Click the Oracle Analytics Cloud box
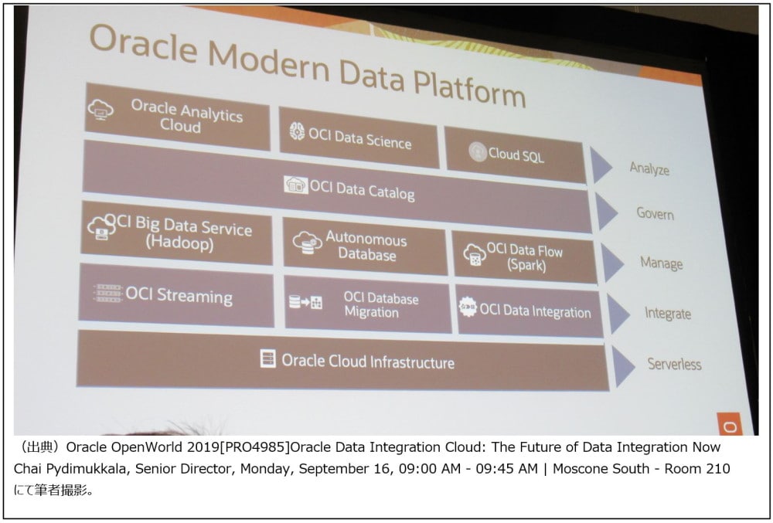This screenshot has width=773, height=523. tap(178, 116)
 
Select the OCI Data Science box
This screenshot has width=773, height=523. tap(359, 138)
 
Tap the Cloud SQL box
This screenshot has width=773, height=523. tap(515, 155)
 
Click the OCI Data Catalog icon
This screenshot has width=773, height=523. tap(296, 185)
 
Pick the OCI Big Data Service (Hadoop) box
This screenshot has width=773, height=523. tap(176, 233)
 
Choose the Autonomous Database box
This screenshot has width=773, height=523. tap(365, 247)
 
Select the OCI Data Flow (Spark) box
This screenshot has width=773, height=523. tap(525, 257)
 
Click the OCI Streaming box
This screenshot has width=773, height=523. tap(176, 294)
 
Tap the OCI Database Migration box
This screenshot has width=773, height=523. tap(367, 305)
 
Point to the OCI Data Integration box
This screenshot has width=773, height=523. tap(530, 311)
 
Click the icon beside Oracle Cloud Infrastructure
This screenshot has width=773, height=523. tap(267, 358)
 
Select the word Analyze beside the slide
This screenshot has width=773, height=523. tap(649, 169)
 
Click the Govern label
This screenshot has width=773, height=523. tap(655, 213)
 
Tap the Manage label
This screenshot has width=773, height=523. tap(661, 263)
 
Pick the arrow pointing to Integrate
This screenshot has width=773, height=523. tap(618, 314)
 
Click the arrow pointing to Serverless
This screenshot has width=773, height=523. tap(623, 366)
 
